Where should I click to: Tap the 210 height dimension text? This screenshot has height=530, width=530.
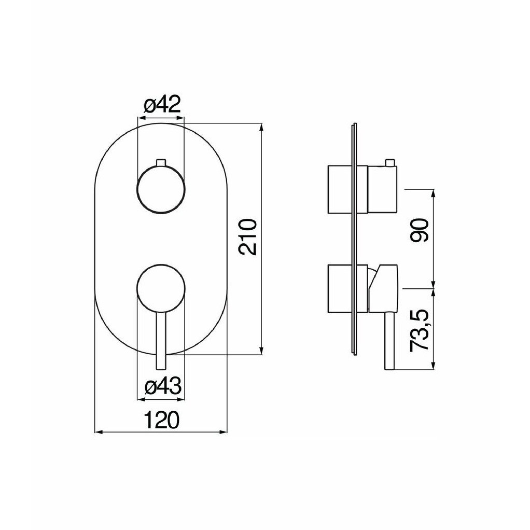coord(248,236)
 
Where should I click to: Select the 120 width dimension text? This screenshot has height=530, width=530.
coord(161,420)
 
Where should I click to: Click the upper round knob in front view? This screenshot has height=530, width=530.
coord(161,190)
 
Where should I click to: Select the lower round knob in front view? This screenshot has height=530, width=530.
coord(161,287)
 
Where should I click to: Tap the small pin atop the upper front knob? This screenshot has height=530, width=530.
coord(161,162)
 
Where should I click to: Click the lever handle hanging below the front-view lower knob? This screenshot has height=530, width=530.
coord(161,339)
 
